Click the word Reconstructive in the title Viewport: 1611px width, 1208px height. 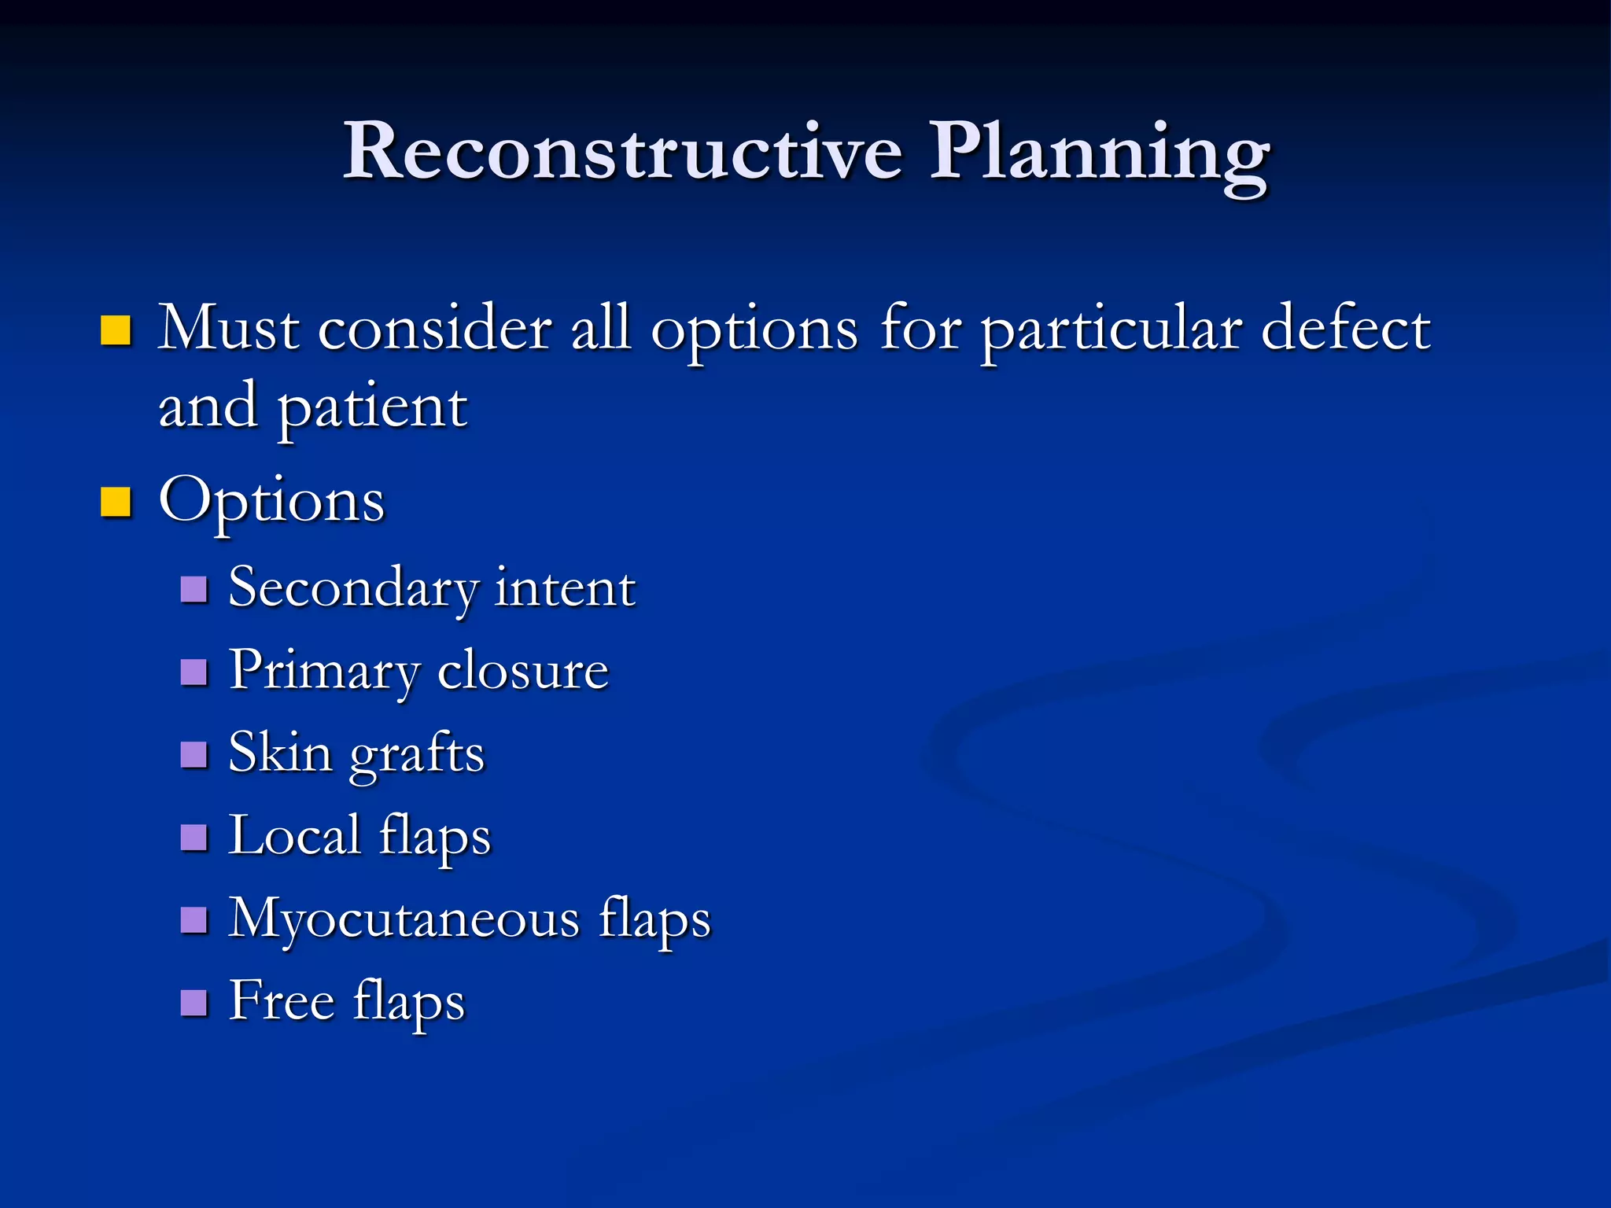[621, 151]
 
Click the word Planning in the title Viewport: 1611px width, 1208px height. [1099, 153]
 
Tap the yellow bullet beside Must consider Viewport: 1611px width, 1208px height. [116, 330]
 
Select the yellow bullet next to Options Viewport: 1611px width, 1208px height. [116, 502]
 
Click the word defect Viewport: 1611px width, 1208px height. [1345, 328]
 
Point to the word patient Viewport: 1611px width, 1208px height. [373, 409]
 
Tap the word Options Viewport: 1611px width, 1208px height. [271, 502]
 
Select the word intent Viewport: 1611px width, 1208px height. [565, 588]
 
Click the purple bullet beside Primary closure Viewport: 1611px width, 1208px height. [194, 672]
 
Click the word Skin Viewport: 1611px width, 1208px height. [280, 753]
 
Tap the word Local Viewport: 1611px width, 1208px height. [294, 836]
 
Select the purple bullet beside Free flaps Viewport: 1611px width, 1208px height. [194, 1003]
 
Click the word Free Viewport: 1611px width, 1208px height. [282, 1001]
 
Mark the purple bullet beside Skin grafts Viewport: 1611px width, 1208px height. [194, 755]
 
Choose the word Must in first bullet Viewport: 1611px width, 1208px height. [228, 328]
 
